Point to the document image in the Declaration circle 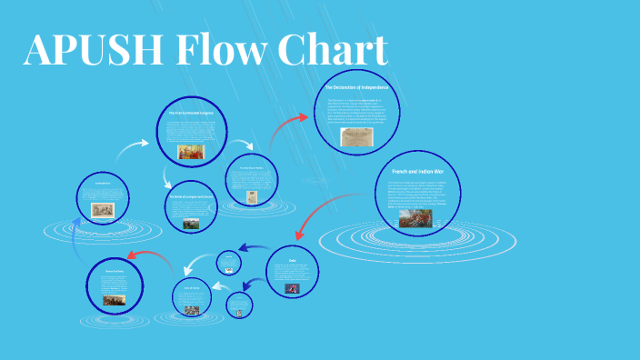coord(355,136)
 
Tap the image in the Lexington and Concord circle coord(191,224)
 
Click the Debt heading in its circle coord(293,259)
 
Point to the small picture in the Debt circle coord(294,288)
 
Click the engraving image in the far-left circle coord(102,209)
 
